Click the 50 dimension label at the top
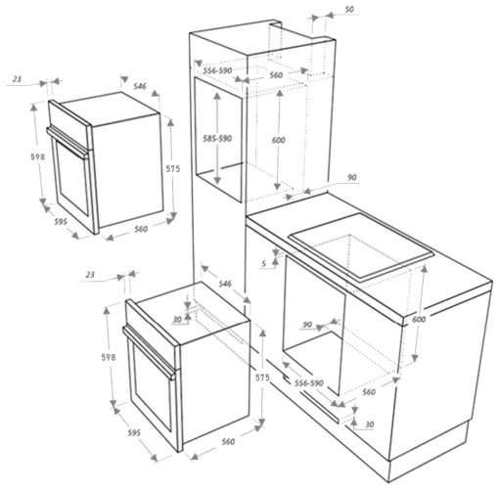pos(350,11)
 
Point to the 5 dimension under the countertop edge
pos(264,262)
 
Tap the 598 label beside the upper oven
pos(36,157)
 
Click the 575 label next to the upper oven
pos(172,168)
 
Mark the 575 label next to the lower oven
pos(261,377)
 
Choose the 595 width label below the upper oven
pos(61,223)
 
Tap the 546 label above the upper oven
pos(140,87)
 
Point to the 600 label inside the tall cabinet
pos(279,141)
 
